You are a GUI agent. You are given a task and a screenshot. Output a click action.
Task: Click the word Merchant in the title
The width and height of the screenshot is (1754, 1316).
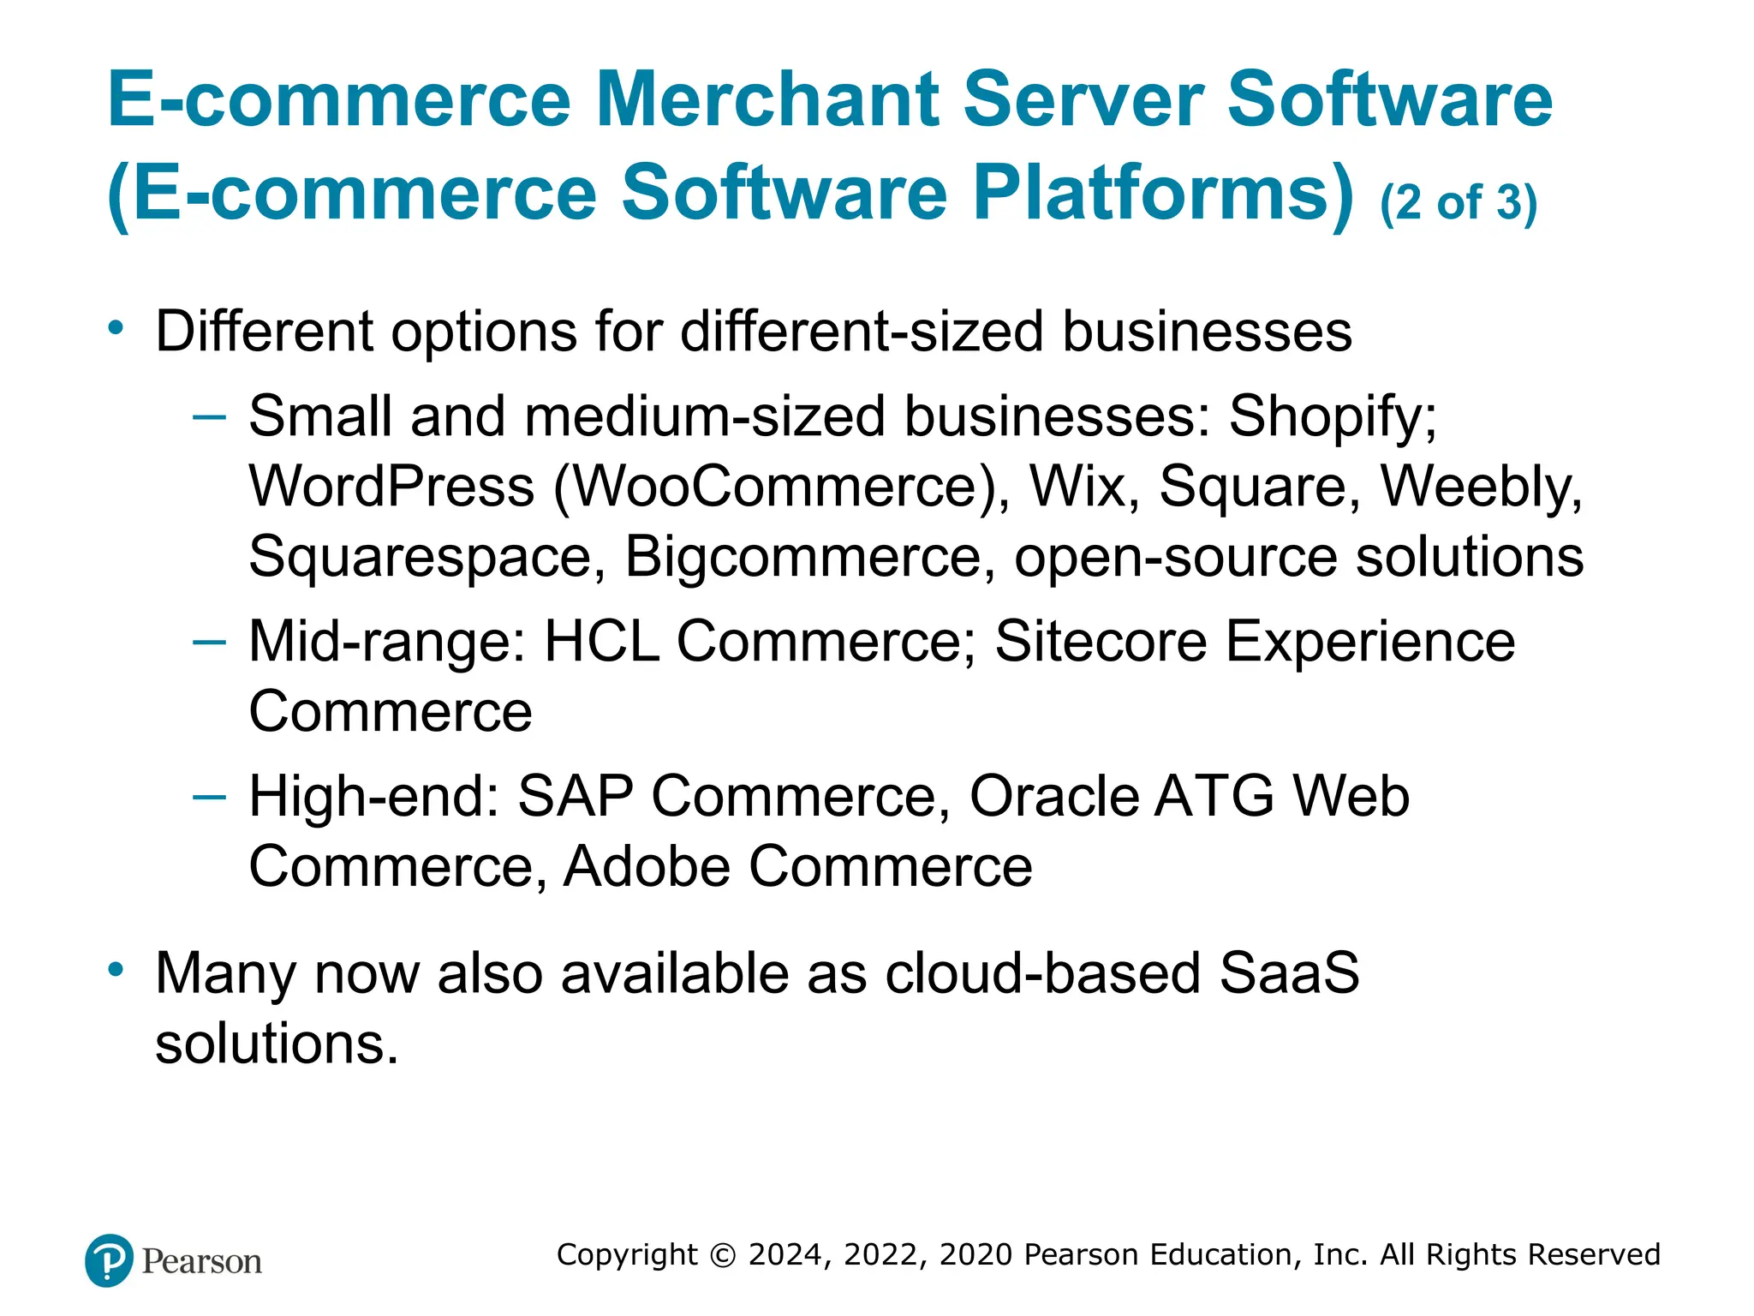767,99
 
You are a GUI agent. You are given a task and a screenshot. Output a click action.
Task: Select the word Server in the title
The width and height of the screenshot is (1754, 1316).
1083,99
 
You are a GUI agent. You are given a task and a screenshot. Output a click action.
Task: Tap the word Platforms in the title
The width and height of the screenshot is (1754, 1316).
1163,193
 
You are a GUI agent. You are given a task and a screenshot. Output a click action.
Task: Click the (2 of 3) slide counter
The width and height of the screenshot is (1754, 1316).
1459,203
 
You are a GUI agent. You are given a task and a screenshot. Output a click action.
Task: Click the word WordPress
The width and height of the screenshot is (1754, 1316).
391,487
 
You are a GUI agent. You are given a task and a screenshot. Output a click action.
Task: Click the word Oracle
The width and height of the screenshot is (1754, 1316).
1053,796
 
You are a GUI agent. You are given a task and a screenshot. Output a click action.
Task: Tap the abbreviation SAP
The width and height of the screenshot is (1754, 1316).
576,796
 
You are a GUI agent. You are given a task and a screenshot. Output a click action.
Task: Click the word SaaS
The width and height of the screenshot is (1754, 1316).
1289,973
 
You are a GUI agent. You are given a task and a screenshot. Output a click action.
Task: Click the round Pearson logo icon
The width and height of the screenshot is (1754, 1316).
109,1260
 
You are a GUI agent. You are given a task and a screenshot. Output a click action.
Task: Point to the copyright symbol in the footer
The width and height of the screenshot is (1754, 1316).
724,1255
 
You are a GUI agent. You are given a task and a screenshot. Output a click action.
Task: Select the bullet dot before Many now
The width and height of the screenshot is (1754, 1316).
116,970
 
